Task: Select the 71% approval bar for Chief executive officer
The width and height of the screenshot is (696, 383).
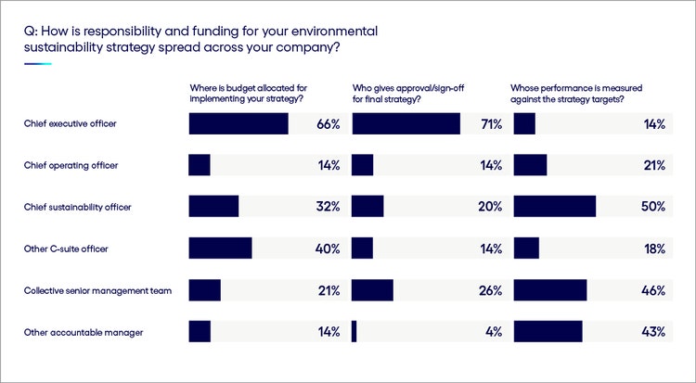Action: (x=406, y=124)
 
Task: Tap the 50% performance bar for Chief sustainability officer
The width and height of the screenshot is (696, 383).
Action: (x=554, y=207)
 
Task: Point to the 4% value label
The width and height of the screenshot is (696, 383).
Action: (x=493, y=332)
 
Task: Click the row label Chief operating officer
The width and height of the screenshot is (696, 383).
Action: (x=71, y=165)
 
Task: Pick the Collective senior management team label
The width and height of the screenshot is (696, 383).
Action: (x=98, y=290)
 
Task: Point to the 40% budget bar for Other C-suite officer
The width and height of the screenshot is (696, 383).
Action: (x=220, y=249)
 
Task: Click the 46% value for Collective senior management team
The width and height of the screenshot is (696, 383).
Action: (x=653, y=290)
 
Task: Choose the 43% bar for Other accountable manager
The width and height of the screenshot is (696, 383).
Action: (x=548, y=332)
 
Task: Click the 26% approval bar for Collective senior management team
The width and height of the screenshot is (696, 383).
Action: (x=373, y=290)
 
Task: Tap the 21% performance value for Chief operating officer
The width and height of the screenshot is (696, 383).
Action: (x=653, y=165)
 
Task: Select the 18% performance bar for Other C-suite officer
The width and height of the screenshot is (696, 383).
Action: (x=526, y=249)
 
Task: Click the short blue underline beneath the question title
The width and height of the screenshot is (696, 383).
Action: (x=37, y=64)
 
